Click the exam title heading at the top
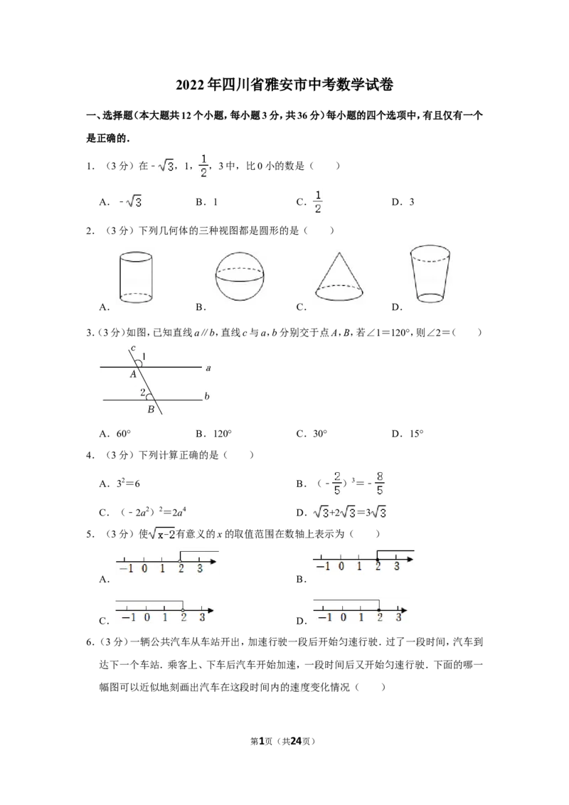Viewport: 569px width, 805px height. click(284, 84)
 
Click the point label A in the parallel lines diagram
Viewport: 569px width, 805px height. click(133, 374)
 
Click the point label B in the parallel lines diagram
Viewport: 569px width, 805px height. click(151, 409)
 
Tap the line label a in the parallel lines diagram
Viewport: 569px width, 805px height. click(208, 368)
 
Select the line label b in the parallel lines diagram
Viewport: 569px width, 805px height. click(207, 396)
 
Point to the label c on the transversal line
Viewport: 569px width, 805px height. click(134, 348)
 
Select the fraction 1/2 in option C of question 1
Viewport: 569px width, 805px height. click(318, 202)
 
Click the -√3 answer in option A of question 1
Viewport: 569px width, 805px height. click(130, 202)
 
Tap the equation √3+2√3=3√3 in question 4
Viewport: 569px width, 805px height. click(350, 512)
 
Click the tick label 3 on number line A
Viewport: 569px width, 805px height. click(200, 568)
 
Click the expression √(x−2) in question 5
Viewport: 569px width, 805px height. click(162, 534)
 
